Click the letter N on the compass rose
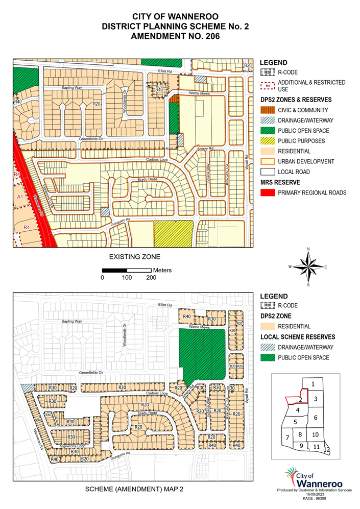pyautogui.click(x=308, y=249)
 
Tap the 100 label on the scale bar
pyautogui.click(x=127, y=278)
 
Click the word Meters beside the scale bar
pyautogui.click(x=162, y=270)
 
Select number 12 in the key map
pyautogui.click(x=327, y=449)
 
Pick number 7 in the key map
pyautogui.click(x=287, y=438)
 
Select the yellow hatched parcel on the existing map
pyautogui.click(x=174, y=234)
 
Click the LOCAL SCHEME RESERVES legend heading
pyautogui.click(x=298, y=336)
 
